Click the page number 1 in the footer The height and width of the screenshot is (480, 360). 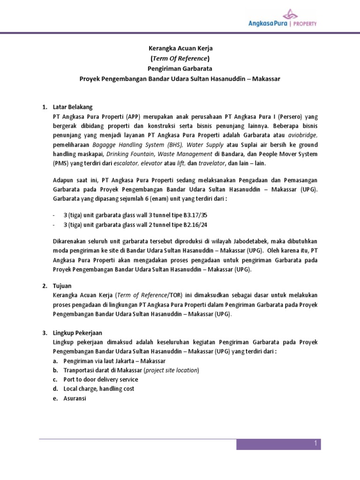(x=316, y=443)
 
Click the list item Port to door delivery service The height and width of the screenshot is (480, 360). (x=100, y=379)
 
